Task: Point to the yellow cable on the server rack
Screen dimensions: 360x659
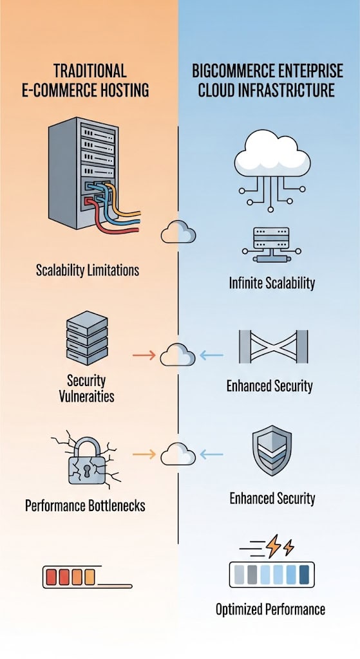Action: point(122,201)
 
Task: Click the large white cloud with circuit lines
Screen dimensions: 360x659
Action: point(272,153)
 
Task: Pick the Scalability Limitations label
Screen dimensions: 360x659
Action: point(88,270)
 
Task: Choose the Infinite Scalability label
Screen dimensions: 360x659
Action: point(272,283)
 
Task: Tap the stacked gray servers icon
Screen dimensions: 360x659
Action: point(87,338)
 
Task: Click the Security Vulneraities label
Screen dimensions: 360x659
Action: point(87,388)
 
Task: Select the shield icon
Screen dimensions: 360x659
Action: point(272,450)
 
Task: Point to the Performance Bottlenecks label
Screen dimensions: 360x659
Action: point(85,505)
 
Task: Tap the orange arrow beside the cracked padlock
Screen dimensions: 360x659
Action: point(144,454)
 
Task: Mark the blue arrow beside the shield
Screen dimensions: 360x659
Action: point(211,454)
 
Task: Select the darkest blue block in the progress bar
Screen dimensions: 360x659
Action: point(304,575)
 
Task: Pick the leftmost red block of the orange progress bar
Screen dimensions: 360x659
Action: point(52,577)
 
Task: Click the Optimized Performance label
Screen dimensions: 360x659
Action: point(270,609)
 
